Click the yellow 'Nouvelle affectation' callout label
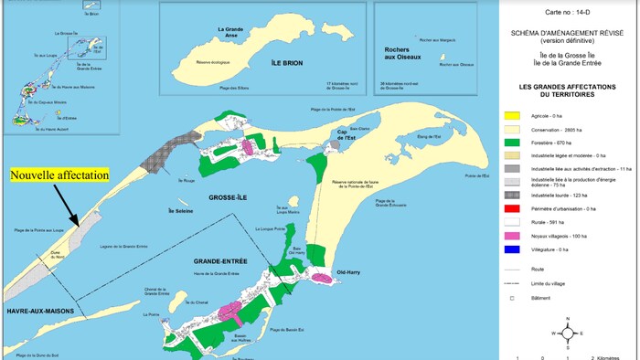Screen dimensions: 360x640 point(59,175)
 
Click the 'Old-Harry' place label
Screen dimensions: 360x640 point(352,271)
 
